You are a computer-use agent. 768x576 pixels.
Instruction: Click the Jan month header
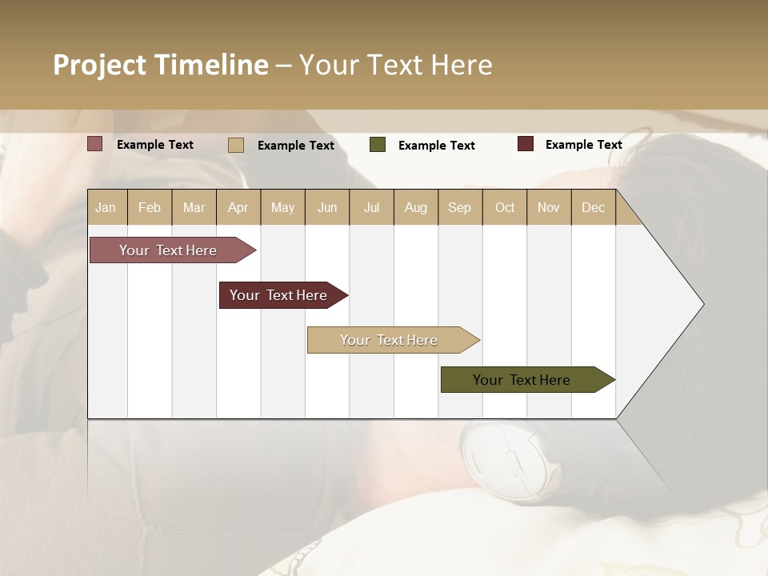[x=106, y=207]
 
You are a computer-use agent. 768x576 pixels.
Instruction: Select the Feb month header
[x=150, y=207]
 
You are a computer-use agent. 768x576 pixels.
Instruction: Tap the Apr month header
[x=238, y=207]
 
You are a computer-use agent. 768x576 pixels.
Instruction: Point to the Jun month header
[x=327, y=207]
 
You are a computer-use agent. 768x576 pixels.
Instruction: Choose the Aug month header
[x=415, y=207]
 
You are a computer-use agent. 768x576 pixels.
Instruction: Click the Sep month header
[x=459, y=207]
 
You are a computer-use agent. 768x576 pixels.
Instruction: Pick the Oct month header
[x=505, y=207]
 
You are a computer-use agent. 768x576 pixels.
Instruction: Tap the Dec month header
[x=593, y=207]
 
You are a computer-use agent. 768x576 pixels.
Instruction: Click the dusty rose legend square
[x=95, y=144]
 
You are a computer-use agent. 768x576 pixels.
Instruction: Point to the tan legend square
[x=236, y=145]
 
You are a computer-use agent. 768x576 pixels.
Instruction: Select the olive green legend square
[x=378, y=145]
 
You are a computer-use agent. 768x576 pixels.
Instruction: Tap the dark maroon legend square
[x=526, y=144]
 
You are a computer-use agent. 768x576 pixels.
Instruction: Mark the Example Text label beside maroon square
[x=583, y=145]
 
